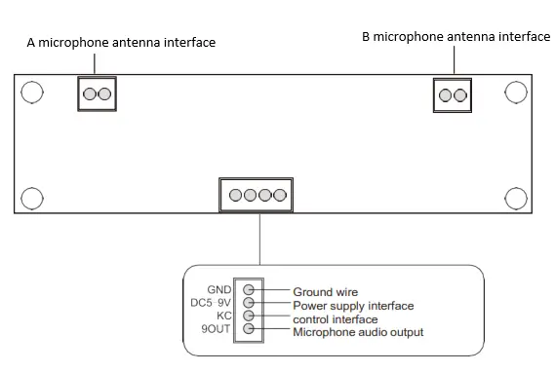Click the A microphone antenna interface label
coord(121,43)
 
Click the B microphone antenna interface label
coord(456,37)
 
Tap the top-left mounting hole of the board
coord(32,93)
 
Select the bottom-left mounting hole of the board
coord(32,197)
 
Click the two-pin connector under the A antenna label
coord(97,94)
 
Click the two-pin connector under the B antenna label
coord(452,94)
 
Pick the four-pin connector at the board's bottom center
coord(258,196)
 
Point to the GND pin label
coord(218,290)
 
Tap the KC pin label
coord(223,317)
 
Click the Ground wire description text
coord(326,292)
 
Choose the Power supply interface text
coord(353,306)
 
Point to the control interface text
coord(335,319)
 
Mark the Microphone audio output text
coord(358,333)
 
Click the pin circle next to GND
coord(249,290)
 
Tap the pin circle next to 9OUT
coord(249,329)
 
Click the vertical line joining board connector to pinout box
coord(259,239)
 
